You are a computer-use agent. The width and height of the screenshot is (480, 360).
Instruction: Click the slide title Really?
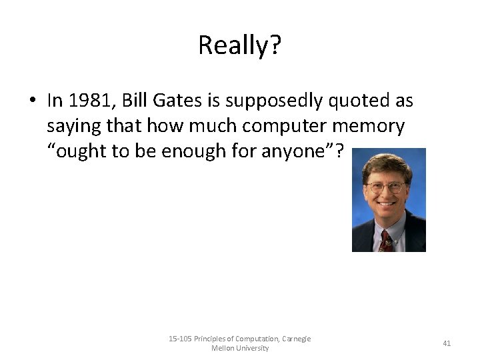240,45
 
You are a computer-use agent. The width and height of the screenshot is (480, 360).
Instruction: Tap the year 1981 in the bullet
85,101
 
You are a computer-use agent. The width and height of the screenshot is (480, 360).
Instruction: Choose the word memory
370,127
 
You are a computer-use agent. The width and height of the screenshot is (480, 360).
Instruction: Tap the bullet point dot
31,101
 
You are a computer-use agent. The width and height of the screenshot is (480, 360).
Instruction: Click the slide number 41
447,343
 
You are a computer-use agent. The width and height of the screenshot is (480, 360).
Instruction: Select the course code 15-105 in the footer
180,339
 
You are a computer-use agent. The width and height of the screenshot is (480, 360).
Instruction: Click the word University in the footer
251,348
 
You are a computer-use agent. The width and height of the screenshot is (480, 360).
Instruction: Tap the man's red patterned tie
385,241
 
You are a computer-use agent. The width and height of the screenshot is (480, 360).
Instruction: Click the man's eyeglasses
386,187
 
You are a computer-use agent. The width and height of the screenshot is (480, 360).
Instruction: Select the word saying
71,127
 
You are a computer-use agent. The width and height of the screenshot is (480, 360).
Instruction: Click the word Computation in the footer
257,339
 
